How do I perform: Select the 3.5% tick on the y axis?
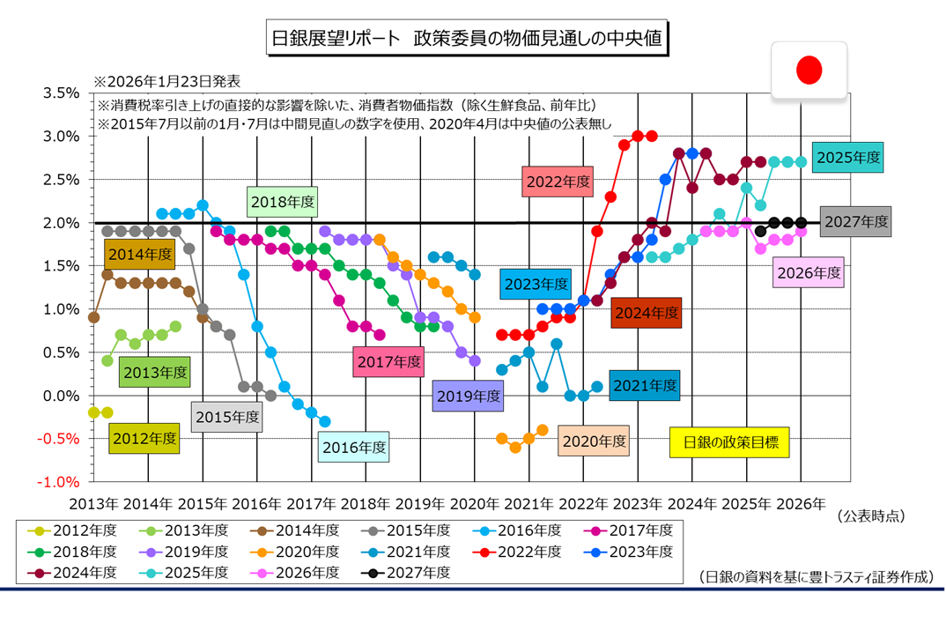(61, 93)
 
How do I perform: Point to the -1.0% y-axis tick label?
(59, 482)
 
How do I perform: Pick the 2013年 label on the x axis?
(93, 505)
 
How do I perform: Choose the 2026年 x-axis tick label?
(802, 505)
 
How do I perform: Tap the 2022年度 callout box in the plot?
(558, 182)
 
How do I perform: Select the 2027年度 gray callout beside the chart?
(854, 220)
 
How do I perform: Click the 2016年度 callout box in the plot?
(354, 446)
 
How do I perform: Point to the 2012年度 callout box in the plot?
(144, 437)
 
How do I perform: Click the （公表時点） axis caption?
(872, 515)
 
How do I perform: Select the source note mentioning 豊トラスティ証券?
(815, 577)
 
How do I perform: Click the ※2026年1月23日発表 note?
(168, 82)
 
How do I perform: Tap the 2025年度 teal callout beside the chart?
(848, 158)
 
